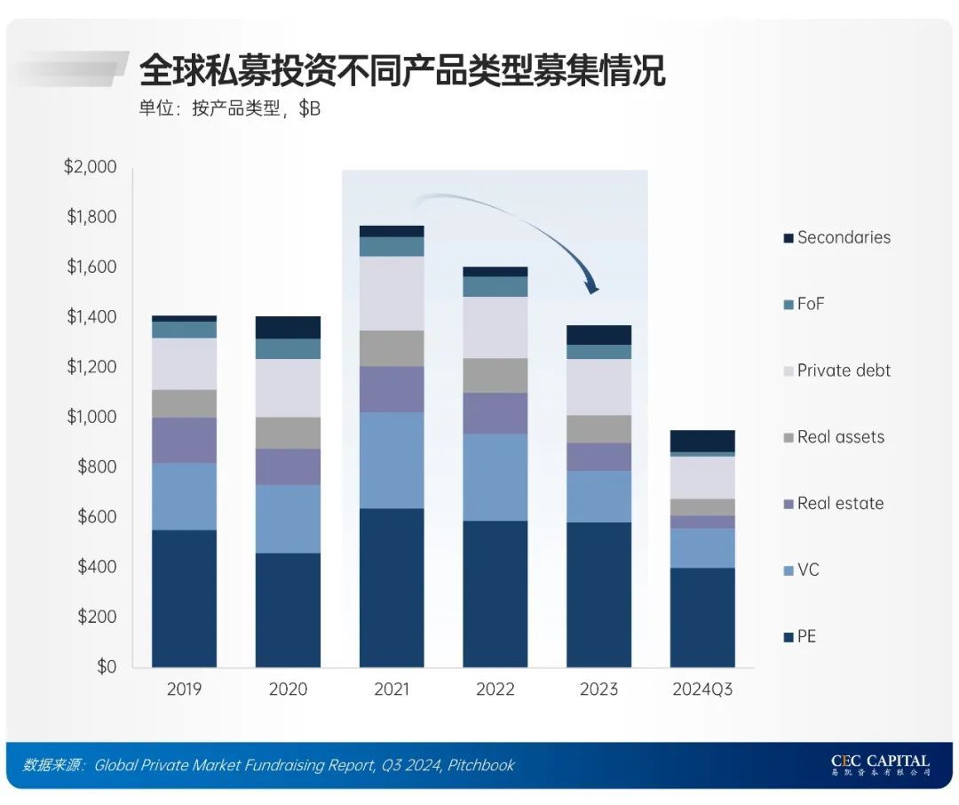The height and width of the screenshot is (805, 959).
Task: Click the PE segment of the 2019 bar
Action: tap(184, 598)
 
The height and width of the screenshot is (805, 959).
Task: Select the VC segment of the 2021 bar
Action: tap(392, 460)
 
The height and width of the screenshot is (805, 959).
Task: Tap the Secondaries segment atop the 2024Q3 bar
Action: tap(702, 441)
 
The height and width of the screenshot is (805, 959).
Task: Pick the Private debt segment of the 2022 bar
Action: tap(495, 327)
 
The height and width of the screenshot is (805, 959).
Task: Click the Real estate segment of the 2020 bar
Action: tap(288, 466)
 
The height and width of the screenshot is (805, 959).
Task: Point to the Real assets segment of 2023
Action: tap(598, 429)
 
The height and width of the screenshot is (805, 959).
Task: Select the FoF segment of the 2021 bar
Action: tap(392, 246)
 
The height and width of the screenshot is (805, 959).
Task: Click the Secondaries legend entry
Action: tap(843, 237)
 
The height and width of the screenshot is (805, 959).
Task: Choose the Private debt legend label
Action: tap(843, 371)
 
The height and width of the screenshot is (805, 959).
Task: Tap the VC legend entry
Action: tap(807, 570)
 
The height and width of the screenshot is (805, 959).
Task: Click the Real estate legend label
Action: tap(839, 503)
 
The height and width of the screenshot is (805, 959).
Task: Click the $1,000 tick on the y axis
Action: tap(91, 417)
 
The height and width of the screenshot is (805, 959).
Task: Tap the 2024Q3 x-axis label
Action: tap(702, 689)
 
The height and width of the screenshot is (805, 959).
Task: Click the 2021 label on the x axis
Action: tap(392, 689)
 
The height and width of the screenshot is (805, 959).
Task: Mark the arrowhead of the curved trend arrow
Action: tap(592, 286)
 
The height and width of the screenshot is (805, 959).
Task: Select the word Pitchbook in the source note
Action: tap(480, 765)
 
